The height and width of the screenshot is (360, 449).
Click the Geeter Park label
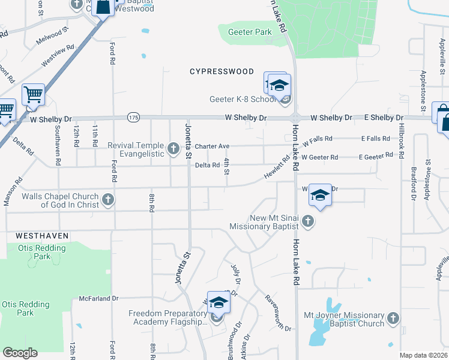tap(250, 32)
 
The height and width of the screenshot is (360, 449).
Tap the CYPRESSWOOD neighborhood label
tap(222, 71)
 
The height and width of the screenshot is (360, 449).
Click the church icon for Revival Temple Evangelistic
tap(173, 148)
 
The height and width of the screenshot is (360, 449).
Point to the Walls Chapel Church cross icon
tap(108, 199)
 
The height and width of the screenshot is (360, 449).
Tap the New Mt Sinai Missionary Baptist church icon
tap(307, 221)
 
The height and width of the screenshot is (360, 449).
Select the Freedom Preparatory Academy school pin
tap(218, 304)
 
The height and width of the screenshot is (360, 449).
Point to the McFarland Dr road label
tap(99, 298)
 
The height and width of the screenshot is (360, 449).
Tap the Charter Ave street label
tap(212, 146)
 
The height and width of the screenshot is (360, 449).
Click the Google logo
tap(20, 352)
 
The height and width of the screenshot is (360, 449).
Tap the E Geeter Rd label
tap(376, 157)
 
